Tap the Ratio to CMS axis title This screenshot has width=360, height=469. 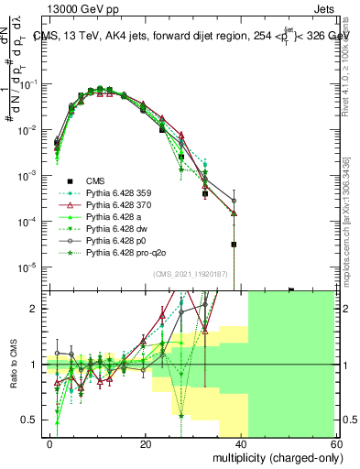[x=12, y=366]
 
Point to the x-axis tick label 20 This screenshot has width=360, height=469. [x=146, y=443]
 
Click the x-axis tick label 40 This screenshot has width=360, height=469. [x=241, y=443]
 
